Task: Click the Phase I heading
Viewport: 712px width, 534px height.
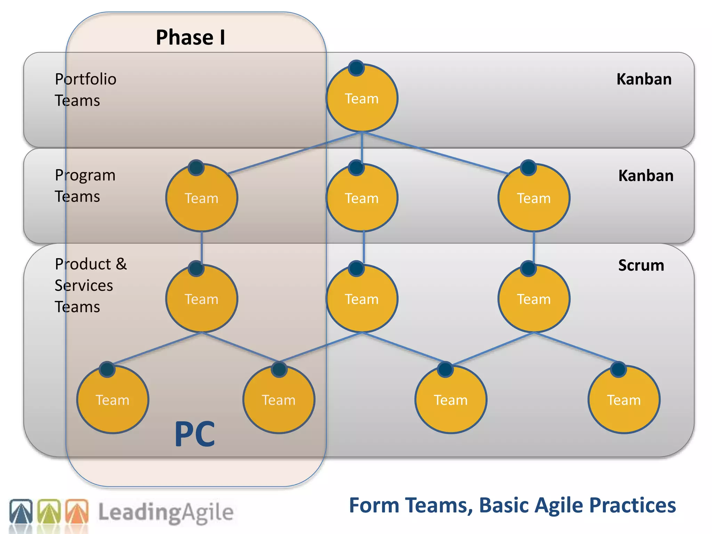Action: [191, 37]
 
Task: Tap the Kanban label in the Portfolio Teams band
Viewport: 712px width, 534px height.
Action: [644, 79]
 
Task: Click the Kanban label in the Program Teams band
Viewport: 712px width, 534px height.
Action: [646, 176]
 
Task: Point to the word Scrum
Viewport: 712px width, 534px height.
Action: [641, 265]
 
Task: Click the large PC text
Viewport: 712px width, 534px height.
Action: [195, 434]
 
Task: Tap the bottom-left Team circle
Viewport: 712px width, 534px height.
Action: [113, 400]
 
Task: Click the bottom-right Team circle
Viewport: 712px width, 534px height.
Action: [624, 400]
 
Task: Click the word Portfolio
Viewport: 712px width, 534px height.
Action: [86, 79]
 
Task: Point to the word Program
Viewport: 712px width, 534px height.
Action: [85, 175]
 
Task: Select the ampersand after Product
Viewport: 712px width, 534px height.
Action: [121, 264]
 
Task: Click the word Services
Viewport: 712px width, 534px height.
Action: [84, 285]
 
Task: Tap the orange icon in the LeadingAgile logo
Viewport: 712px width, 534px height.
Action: [77, 511]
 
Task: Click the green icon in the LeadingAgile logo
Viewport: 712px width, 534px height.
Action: [49, 511]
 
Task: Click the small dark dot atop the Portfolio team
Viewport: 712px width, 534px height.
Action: [356, 68]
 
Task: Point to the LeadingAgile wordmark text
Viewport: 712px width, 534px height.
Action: [166, 512]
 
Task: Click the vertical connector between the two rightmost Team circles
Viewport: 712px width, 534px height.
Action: [534, 248]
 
